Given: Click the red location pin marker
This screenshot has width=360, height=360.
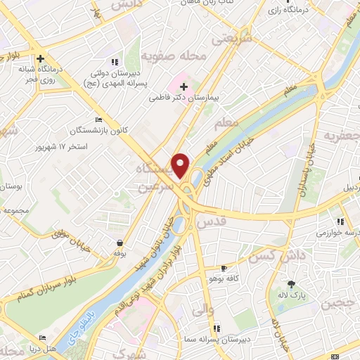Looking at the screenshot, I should [181, 165].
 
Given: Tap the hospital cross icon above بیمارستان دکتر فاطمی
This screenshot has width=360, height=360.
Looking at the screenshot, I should [183, 87].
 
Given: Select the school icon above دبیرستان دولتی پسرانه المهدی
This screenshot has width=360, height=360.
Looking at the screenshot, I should [115, 61].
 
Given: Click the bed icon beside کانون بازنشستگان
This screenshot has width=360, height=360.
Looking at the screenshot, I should [98, 120].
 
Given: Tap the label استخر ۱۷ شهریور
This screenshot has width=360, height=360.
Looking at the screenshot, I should [60, 147].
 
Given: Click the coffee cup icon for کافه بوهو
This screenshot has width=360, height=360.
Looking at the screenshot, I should [224, 268].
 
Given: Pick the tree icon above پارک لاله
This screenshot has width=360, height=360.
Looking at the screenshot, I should [292, 284].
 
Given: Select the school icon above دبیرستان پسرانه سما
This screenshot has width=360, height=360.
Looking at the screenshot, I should [217, 328].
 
